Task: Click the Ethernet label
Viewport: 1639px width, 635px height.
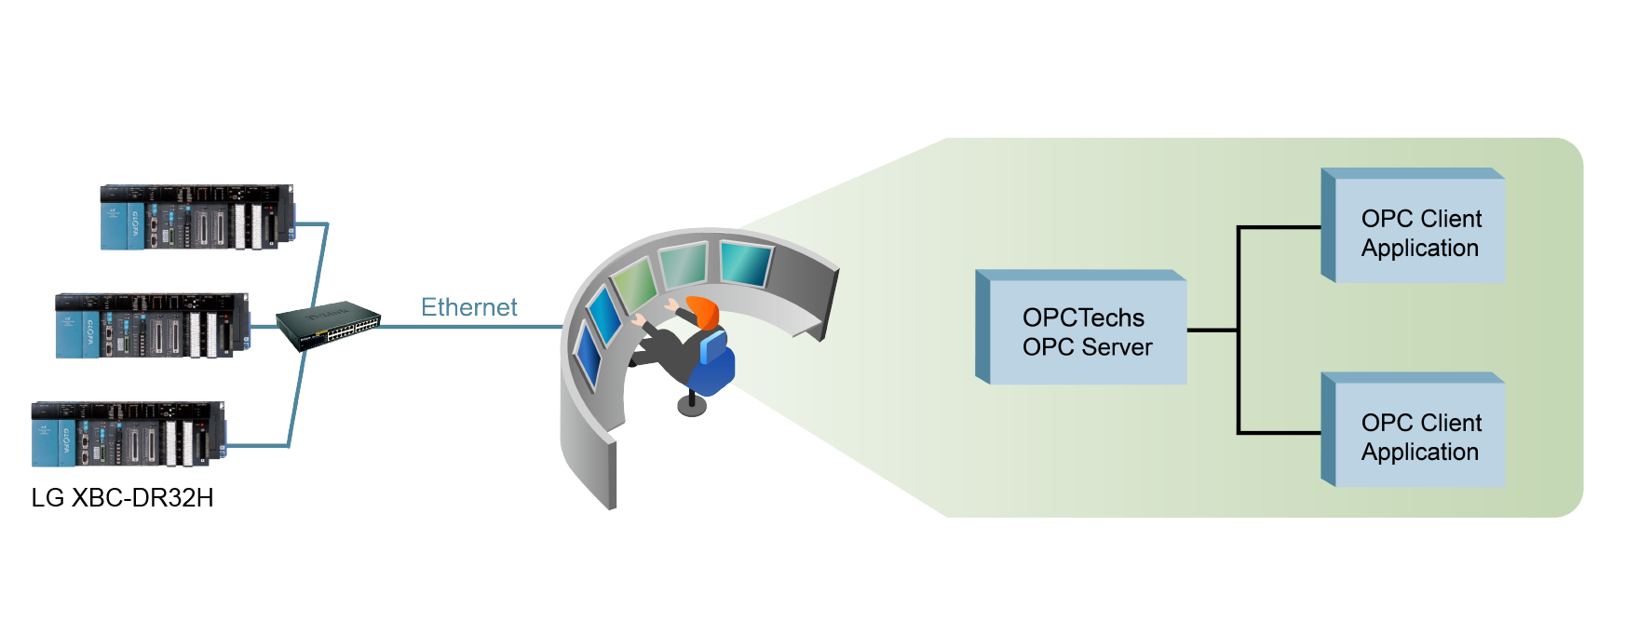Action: click(468, 307)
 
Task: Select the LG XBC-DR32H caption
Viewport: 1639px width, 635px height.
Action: click(122, 498)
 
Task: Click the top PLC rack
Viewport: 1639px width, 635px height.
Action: click(197, 217)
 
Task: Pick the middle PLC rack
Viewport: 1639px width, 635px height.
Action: click(153, 326)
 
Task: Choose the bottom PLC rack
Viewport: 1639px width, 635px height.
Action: click(129, 434)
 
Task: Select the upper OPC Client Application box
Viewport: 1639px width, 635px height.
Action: click(1420, 233)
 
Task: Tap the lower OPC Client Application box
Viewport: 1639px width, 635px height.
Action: click(1420, 437)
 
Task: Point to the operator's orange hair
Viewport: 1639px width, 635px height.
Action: click(705, 311)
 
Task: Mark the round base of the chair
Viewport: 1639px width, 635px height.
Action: click(691, 406)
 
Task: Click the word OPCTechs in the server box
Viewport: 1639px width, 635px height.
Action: click(1083, 317)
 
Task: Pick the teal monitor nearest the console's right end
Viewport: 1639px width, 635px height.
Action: click(745, 263)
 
